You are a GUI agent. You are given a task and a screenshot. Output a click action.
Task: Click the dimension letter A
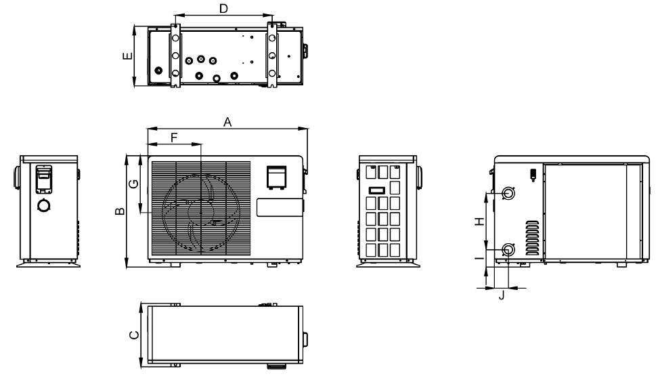(227, 122)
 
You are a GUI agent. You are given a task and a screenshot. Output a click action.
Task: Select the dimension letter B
(120, 211)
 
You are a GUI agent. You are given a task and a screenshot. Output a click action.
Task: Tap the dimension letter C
(134, 335)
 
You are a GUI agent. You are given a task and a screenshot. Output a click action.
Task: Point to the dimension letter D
(223, 8)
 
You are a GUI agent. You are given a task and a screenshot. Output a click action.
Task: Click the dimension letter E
(127, 56)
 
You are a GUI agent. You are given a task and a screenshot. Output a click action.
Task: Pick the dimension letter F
(174, 138)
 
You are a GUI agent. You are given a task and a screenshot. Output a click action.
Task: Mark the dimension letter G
(133, 184)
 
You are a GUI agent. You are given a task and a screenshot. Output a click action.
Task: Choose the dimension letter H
(479, 221)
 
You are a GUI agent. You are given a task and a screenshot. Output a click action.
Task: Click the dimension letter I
(479, 257)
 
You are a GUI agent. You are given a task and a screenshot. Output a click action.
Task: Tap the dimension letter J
(502, 295)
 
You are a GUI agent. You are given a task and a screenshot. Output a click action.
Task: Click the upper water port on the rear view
(509, 192)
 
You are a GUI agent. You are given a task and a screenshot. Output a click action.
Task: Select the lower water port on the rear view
(508, 249)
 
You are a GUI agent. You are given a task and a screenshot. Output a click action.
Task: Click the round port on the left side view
(44, 205)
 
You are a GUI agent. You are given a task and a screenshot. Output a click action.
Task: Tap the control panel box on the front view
(276, 177)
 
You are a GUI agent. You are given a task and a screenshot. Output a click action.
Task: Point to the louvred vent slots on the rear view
(532, 238)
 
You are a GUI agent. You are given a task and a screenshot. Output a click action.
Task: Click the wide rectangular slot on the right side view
(377, 190)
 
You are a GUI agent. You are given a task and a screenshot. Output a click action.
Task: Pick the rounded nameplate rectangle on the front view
(280, 207)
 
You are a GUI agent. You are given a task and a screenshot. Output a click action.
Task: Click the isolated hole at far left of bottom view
(158, 70)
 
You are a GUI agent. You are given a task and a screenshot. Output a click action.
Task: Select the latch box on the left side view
(43, 179)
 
